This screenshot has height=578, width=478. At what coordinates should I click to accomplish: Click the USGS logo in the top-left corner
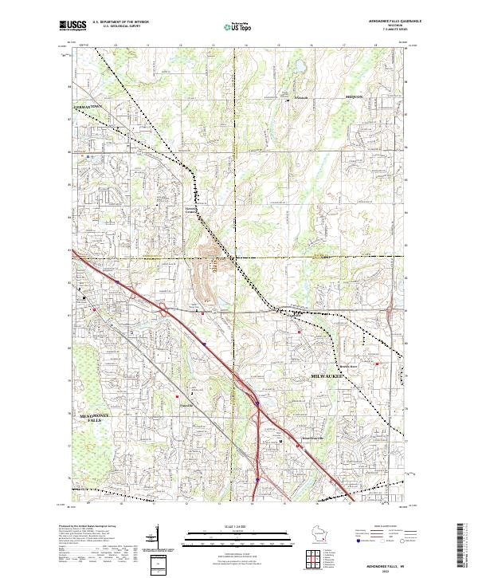tap(72, 26)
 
